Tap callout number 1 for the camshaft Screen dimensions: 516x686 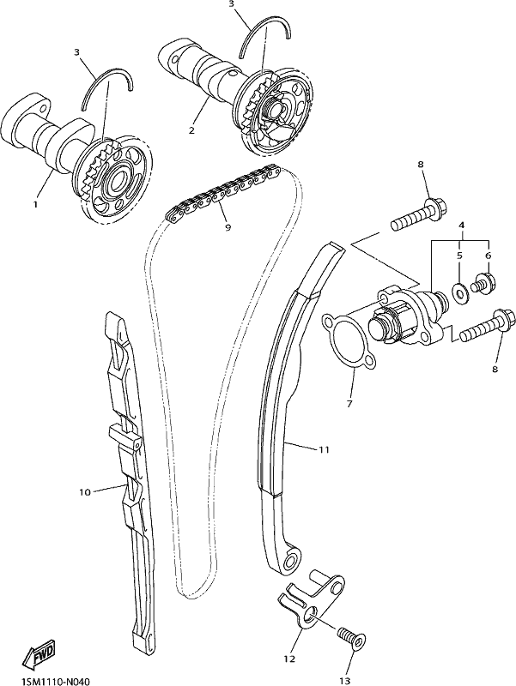[x=35, y=204]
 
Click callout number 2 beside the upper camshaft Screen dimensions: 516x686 [x=191, y=130]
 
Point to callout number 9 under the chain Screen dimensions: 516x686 [x=228, y=227]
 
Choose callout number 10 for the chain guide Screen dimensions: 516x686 [x=84, y=492]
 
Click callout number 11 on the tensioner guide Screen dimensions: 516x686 [x=324, y=449]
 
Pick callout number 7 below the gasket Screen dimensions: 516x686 [x=349, y=404]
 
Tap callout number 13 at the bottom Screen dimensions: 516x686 [x=345, y=681]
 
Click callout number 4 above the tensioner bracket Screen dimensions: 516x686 [x=461, y=225]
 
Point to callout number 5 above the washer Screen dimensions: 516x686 [x=459, y=256]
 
